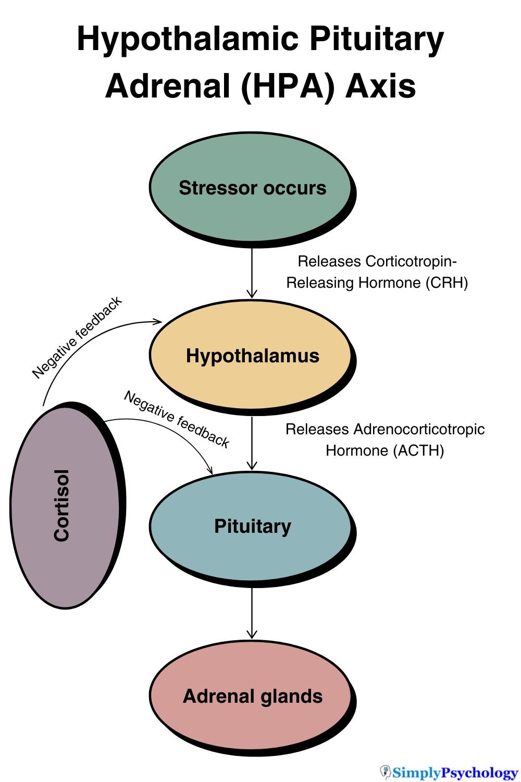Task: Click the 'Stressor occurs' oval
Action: pyautogui.click(x=252, y=188)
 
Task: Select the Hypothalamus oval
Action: pyautogui.click(x=252, y=356)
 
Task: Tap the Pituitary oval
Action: pyautogui.click(x=252, y=527)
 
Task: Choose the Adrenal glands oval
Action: pyautogui.click(x=252, y=697)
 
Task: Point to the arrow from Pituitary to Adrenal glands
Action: pyautogui.click(x=252, y=613)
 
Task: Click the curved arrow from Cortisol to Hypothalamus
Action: pyautogui.click(x=83, y=345)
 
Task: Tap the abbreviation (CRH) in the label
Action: pyautogui.click(x=446, y=283)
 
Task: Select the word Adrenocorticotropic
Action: pyautogui.click(x=419, y=430)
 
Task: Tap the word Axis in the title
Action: pyautogui.click(x=381, y=86)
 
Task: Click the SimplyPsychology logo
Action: pyautogui.click(x=449, y=772)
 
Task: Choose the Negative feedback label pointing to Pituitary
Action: pyautogui.click(x=177, y=419)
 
